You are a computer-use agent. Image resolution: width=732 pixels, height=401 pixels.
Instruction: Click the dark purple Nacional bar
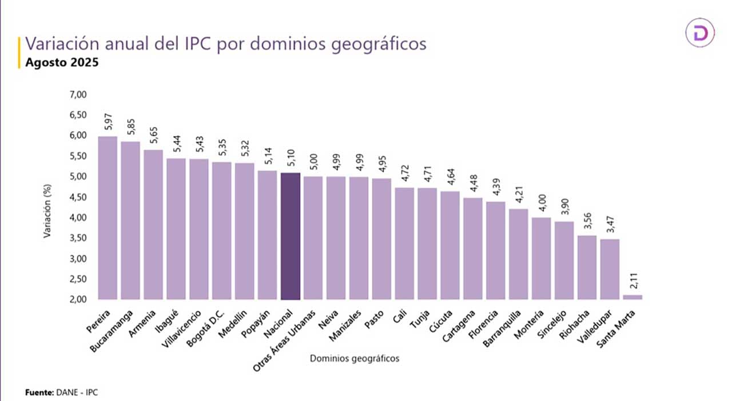click(x=291, y=236)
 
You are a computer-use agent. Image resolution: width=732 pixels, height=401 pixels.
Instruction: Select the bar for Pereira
click(x=108, y=218)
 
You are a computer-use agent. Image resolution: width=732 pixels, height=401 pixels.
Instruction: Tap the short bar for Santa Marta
click(x=632, y=297)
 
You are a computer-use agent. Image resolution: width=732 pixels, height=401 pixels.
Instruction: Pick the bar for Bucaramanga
click(x=130, y=220)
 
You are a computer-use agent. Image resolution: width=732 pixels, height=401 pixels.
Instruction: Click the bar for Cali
click(x=404, y=243)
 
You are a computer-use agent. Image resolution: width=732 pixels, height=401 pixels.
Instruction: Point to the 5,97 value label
click(x=108, y=122)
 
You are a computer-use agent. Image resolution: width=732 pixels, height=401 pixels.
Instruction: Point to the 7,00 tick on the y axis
click(x=77, y=94)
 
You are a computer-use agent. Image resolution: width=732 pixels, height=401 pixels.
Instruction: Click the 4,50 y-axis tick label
click(x=77, y=197)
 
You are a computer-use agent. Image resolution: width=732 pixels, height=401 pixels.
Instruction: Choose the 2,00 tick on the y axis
click(x=77, y=299)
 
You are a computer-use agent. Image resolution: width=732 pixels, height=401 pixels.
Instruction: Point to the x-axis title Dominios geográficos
click(x=354, y=359)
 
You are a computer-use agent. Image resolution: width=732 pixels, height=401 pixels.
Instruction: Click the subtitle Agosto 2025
click(x=62, y=62)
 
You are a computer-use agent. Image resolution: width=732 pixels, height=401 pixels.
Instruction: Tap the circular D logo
click(x=700, y=33)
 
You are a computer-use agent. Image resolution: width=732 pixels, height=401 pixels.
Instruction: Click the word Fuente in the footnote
click(x=38, y=392)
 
